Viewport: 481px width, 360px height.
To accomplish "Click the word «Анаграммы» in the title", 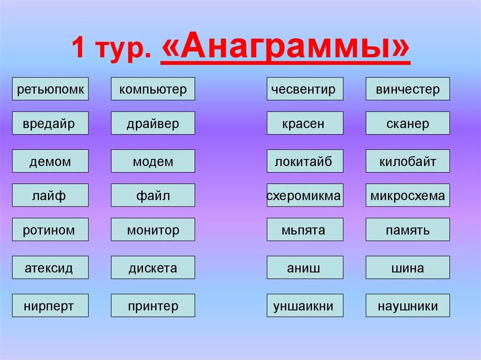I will [286, 48].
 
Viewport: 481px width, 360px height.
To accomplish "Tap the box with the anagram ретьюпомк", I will [50, 89].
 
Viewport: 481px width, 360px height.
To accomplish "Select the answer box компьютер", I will [153, 89].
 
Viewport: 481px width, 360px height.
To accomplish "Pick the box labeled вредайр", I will [50, 123].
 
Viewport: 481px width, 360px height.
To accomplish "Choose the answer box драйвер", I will [153, 123].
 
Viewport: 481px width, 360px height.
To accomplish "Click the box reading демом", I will [50, 161].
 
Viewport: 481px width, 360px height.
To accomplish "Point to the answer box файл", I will [153, 195].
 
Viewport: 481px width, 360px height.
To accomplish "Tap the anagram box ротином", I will [50, 230].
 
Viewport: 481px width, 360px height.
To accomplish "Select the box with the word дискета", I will [153, 268].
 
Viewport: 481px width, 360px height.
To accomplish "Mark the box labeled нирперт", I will [50, 306].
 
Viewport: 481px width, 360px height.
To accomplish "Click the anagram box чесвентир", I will [305, 89].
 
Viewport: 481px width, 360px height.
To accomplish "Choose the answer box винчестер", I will [408, 89].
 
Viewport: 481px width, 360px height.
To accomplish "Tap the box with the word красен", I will [305, 123].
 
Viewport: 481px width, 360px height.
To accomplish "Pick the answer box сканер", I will [408, 123].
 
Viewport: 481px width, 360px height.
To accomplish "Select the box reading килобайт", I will [408, 161].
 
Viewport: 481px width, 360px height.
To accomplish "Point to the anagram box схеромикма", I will [305, 195].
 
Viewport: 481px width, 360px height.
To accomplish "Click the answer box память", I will [408, 230].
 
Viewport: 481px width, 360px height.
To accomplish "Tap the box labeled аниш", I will [305, 268].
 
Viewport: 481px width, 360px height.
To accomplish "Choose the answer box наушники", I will [408, 306].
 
